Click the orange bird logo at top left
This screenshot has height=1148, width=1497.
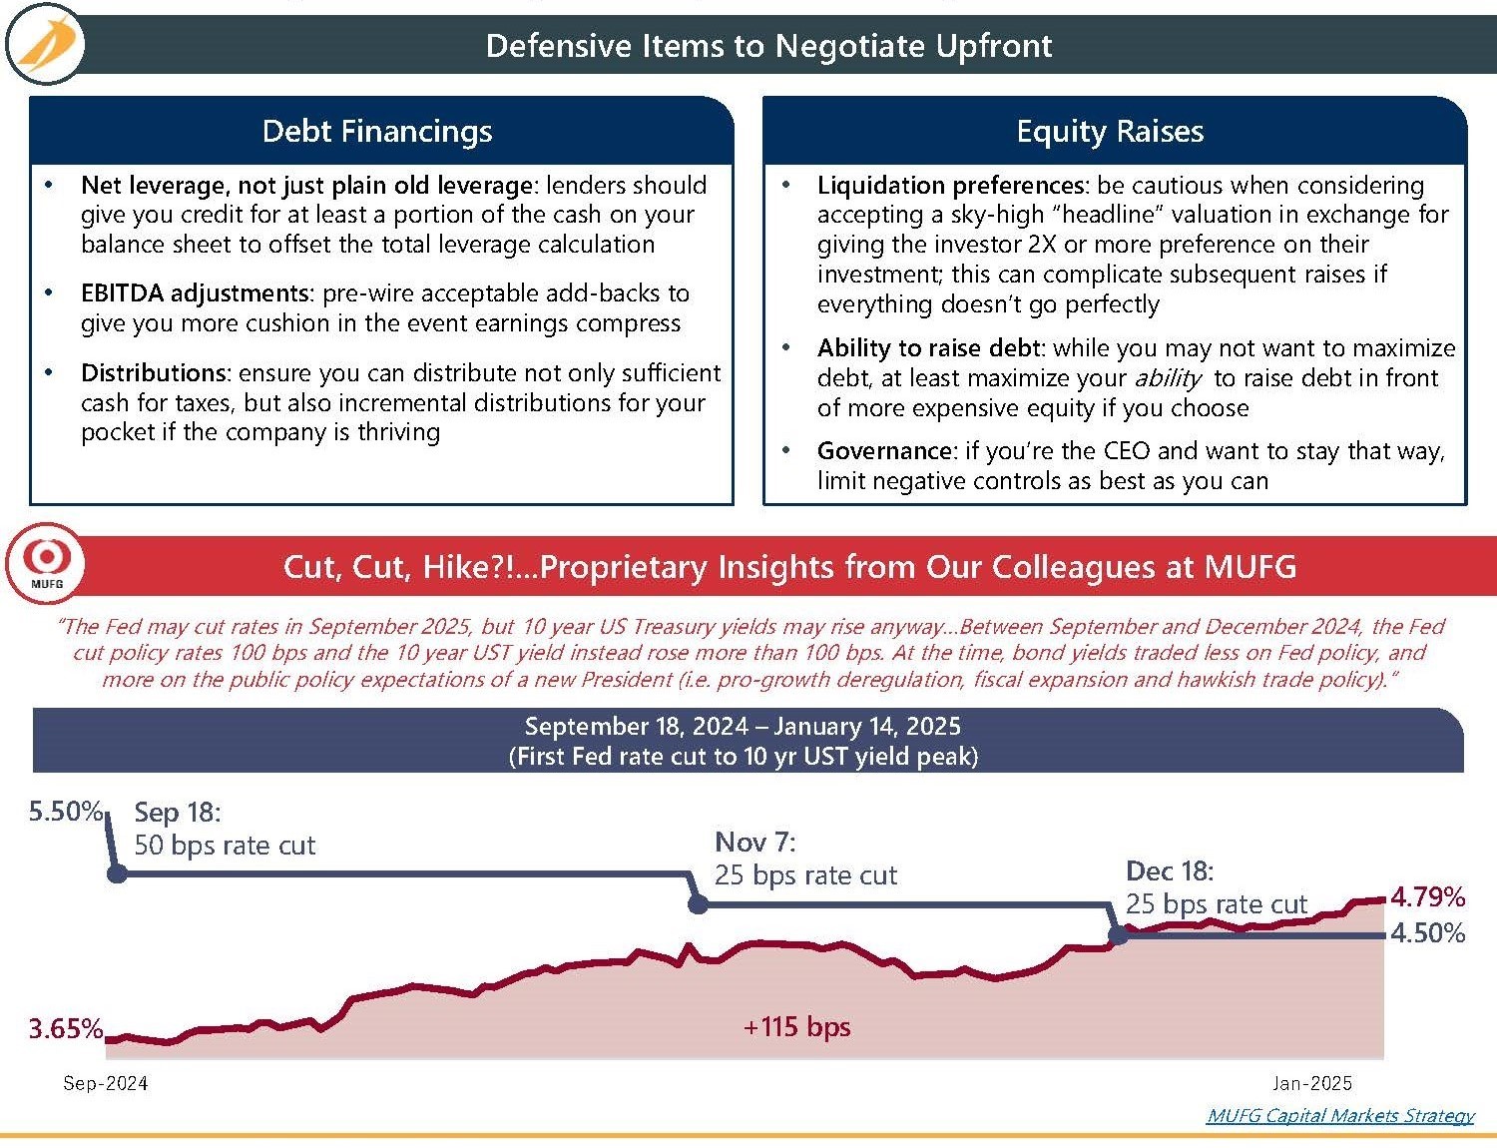pyautogui.click(x=45, y=45)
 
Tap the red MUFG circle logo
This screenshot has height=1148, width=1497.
pyautogui.click(x=46, y=562)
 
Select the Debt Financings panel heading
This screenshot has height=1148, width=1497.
pyautogui.click(x=377, y=132)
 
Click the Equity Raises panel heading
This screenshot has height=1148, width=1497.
pyautogui.click(x=1110, y=132)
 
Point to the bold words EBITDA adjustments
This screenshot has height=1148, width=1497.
pyautogui.click(x=197, y=293)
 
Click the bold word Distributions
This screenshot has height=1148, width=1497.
pyautogui.click(x=155, y=373)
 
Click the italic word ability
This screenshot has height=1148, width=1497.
pyautogui.click(x=1168, y=378)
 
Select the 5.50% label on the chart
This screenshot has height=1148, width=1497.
pyautogui.click(x=65, y=812)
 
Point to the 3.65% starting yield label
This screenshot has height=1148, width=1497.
pyautogui.click(x=65, y=1029)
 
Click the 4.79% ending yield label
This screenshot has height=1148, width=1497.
pyautogui.click(x=1427, y=897)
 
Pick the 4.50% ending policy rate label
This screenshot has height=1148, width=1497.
pyautogui.click(x=1427, y=933)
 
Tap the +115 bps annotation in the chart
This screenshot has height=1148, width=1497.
pyautogui.click(x=796, y=1027)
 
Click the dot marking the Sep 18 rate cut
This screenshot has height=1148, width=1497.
pyautogui.click(x=117, y=874)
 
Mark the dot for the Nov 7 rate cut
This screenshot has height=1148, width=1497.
pyautogui.click(x=699, y=904)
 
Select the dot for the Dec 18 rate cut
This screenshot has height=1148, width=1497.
pyautogui.click(x=1119, y=935)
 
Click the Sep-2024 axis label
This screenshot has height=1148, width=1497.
pyautogui.click(x=105, y=1083)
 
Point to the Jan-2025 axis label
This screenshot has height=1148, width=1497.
pyautogui.click(x=1311, y=1083)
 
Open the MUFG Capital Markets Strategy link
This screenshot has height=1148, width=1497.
pyautogui.click(x=1339, y=1116)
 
